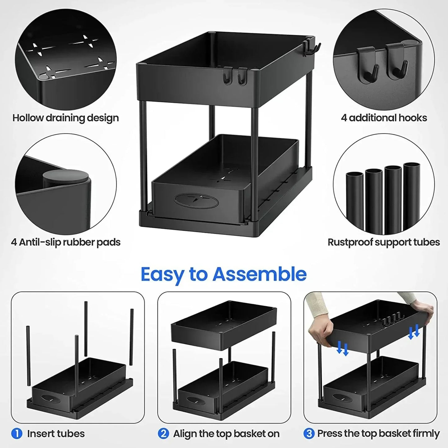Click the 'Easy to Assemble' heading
point(224,274)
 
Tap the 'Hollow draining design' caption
point(65,118)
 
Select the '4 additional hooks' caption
point(384,118)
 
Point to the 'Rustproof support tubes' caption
point(384,242)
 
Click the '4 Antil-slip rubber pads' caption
point(65,242)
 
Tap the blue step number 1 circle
point(17,433)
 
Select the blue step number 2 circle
point(163,433)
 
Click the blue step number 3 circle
point(309,433)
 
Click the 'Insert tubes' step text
point(56,433)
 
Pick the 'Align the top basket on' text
point(226,433)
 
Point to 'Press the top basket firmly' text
point(378,433)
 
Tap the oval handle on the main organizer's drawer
point(197,201)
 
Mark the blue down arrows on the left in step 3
point(343,348)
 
